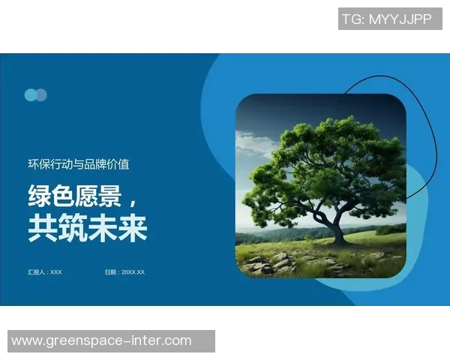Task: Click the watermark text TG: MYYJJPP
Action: coord(386,19)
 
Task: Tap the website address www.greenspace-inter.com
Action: coord(101,341)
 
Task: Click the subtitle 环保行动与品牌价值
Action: coord(79,164)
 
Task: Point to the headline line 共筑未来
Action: coord(87,228)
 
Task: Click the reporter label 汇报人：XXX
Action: coord(45,272)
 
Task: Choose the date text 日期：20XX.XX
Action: coord(124,272)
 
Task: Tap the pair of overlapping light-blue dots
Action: coord(36,95)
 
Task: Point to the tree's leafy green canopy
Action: coord(322,165)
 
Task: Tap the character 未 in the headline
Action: coord(102,228)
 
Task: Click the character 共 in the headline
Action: coord(41,228)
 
